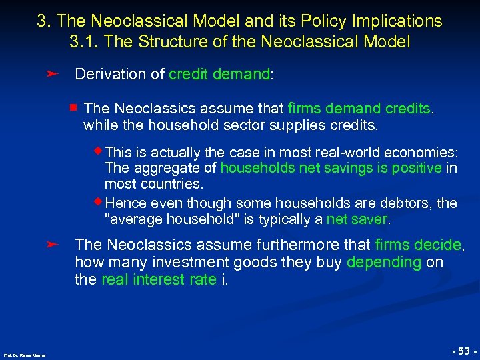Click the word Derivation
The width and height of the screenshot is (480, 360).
pos(110,74)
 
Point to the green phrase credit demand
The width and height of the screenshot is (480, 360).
pos(219,74)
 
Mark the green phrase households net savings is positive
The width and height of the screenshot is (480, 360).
pos(331,168)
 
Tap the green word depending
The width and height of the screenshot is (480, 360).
pos(383,263)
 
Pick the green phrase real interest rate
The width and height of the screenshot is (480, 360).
pos(159,279)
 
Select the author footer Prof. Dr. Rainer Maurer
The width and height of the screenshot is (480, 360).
pos(23,354)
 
